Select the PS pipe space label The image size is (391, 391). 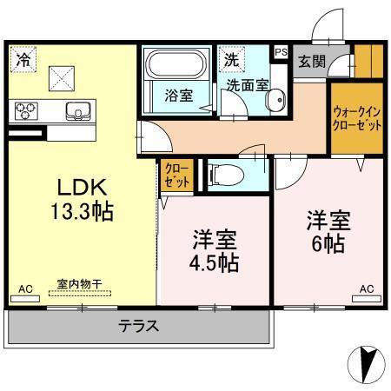tap(281, 52)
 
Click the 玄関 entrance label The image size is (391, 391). tap(311, 61)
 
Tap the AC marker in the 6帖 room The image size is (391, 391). tap(368, 289)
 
